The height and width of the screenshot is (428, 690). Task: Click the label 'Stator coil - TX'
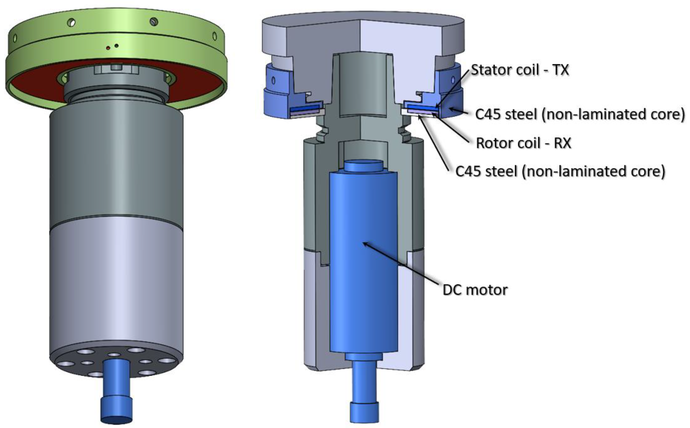pos(520,70)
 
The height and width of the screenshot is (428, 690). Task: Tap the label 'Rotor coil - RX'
pos(524,143)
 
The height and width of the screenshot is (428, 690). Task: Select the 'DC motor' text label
pos(475,290)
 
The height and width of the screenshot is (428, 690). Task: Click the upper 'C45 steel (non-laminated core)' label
pos(580,114)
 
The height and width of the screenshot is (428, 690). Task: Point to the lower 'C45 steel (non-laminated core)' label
pos(560,171)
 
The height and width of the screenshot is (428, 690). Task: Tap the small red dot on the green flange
pos(108,48)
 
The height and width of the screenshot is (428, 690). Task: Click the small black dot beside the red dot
pos(116,46)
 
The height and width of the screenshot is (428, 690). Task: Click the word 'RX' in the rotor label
pos(562,143)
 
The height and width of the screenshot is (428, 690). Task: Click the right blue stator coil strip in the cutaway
pos(421,108)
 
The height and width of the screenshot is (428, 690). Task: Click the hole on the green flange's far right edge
pos(214,36)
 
